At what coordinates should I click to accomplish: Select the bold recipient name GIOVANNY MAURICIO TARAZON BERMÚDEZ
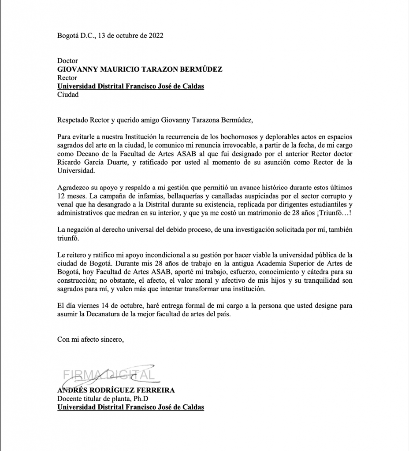click(x=140, y=70)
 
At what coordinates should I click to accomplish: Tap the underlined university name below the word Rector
click(x=130, y=86)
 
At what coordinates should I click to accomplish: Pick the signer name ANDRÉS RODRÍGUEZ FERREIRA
click(x=116, y=390)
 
